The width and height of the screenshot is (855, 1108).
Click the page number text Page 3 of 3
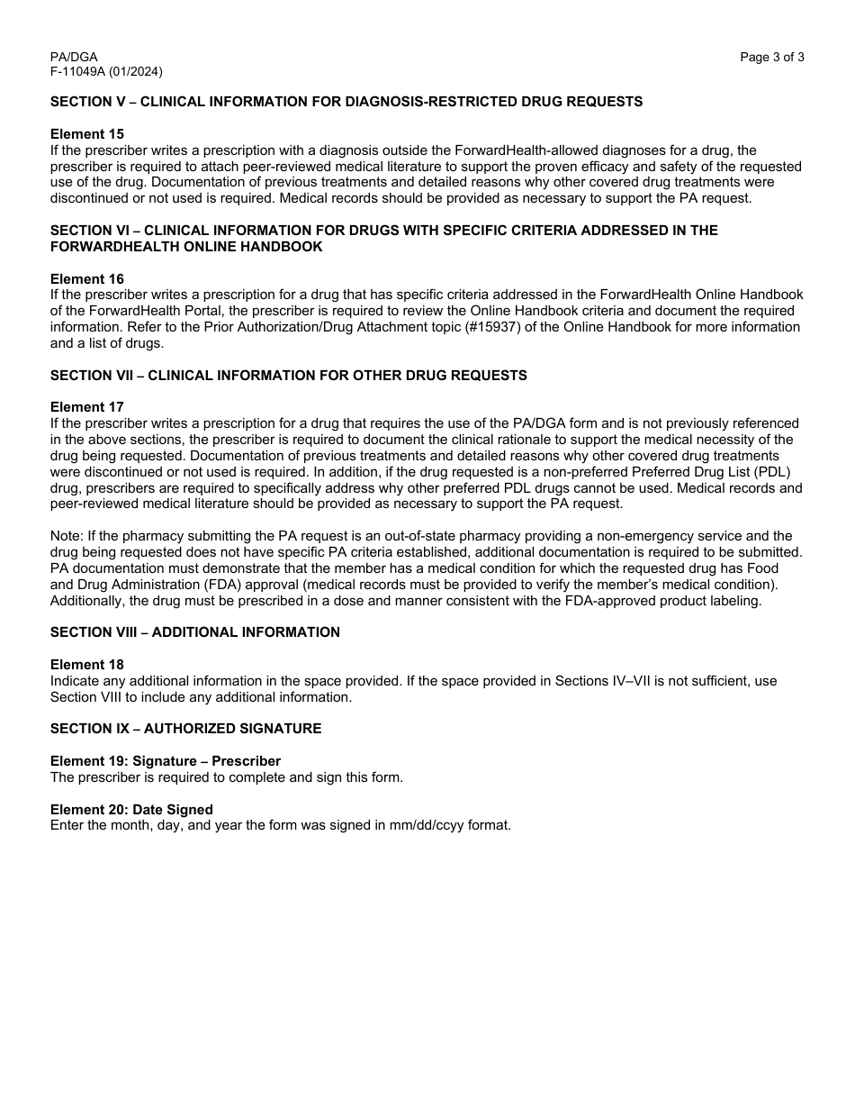click(771, 58)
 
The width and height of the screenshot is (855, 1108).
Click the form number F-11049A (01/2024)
click(106, 72)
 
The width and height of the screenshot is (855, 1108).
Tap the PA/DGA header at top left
click(74, 58)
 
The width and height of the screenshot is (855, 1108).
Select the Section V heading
click(346, 102)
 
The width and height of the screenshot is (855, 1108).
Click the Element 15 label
click(87, 134)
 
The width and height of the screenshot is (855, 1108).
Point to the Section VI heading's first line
click(383, 231)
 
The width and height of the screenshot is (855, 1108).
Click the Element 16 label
click(87, 279)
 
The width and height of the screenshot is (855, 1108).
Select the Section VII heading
click(288, 376)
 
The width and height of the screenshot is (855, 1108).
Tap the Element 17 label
click(87, 407)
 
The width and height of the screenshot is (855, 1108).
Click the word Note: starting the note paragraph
click(67, 536)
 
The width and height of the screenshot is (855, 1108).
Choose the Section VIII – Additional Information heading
click(195, 632)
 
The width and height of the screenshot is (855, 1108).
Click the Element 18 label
click(87, 665)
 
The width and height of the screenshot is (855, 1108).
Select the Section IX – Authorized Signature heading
click(185, 729)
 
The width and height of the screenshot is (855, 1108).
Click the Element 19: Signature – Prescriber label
click(166, 761)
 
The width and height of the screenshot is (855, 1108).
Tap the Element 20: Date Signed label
click(131, 810)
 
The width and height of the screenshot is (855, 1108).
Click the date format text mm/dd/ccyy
click(420, 825)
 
